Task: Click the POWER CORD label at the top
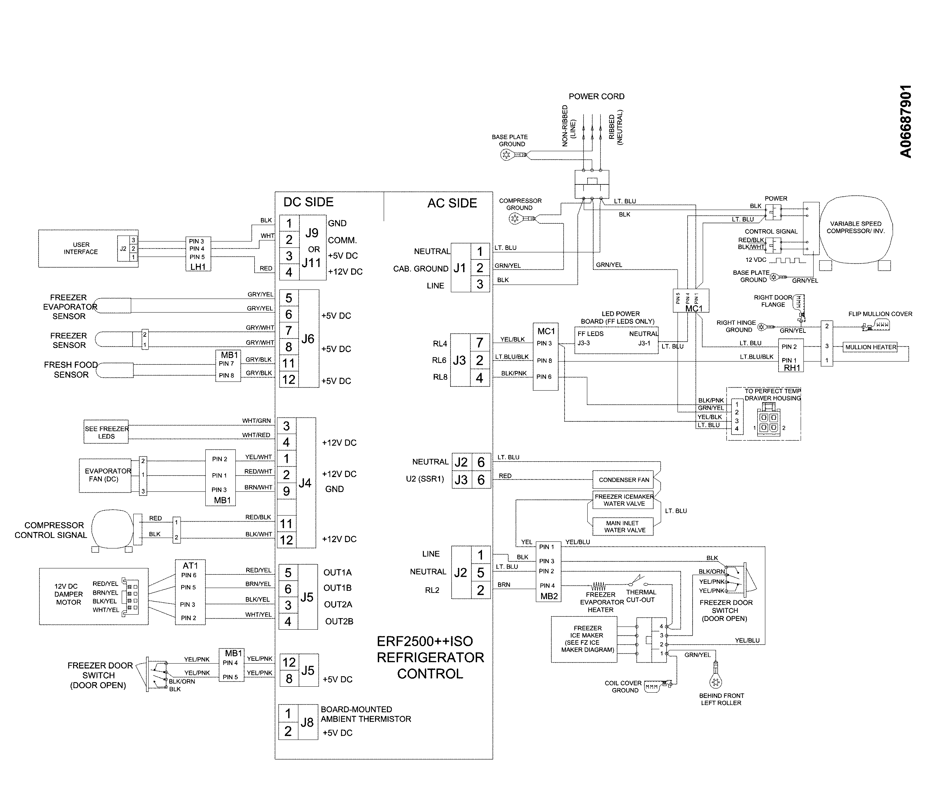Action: [x=596, y=96]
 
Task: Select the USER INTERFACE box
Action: [x=81, y=248]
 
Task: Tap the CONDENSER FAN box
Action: [x=623, y=479]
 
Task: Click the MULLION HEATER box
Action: [x=871, y=347]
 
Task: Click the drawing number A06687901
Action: [x=905, y=121]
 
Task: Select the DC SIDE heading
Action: [x=308, y=202]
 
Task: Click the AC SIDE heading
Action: [x=452, y=203]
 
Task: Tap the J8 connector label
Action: [x=307, y=722]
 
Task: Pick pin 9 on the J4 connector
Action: [x=286, y=491]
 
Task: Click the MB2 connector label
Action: [x=549, y=596]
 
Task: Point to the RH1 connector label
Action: [x=792, y=368]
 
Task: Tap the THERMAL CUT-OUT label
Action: [x=641, y=596]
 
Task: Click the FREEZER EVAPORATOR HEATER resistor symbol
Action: [x=599, y=586]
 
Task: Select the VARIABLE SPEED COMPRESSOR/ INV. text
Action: [x=855, y=227]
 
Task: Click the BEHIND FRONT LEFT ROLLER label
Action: [x=721, y=699]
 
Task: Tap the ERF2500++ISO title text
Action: [x=424, y=641]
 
